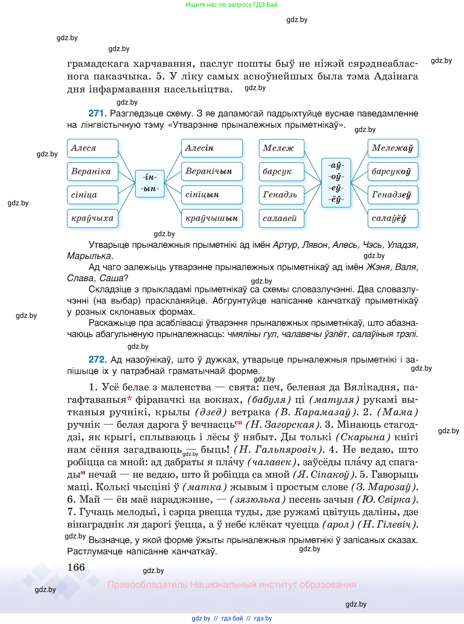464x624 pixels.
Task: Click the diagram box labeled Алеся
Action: click(92, 148)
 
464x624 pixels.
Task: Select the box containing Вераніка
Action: click(92, 172)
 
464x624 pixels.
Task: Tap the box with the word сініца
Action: click(92, 195)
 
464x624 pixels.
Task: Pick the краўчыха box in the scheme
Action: click(92, 218)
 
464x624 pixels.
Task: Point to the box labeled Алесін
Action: click(212, 148)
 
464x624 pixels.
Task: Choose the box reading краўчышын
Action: click(212, 218)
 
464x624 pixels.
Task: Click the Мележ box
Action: click(281, 148)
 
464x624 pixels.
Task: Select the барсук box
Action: click(281, 172)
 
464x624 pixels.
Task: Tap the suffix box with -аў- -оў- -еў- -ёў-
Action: click(336, 183)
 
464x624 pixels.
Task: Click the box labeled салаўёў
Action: click(393, 218)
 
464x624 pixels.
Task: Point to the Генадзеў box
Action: click(393, 195)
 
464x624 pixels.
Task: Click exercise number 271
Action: click(97, 113)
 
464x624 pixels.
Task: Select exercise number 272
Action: click(97, 359)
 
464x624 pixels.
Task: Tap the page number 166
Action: click(76, 567)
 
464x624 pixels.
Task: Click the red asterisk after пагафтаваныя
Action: click(129, 399)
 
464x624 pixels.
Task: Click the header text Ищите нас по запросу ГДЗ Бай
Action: click(232, 5)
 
